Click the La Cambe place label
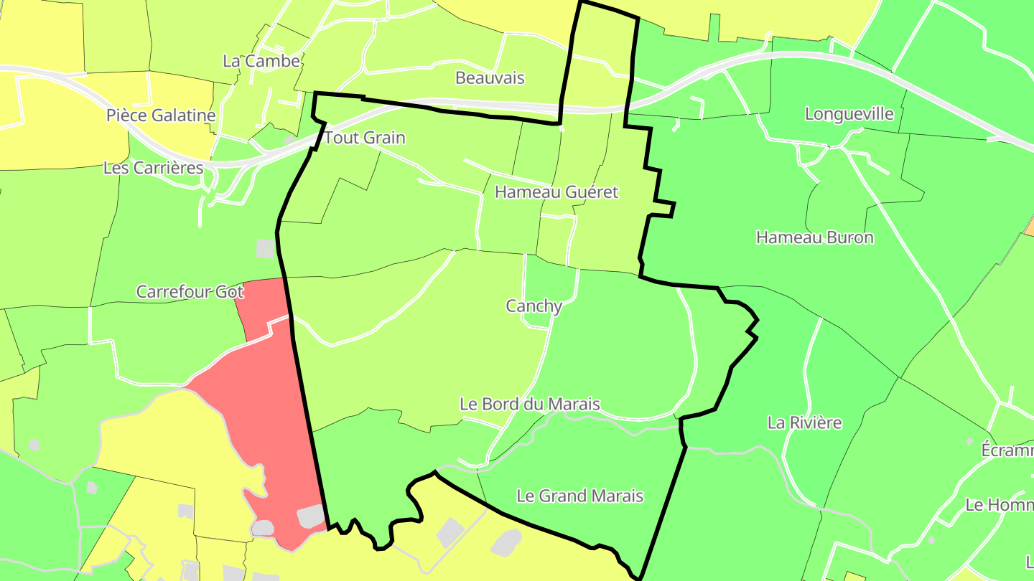[x=261, y=62]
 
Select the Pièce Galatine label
[x=161, y=115]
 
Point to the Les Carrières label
[x=153, y=168]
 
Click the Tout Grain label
[x=365, y=138]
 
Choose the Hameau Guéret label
[x=556, y=192]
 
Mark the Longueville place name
[x=849, y=114]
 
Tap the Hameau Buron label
[x=815, y=237]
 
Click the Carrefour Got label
[x=190, y=292]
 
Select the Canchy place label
[x=534, y=306]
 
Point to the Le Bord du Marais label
[x=530, y=405]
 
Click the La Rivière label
[x=804, y=422]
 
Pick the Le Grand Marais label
[x=580, y=496]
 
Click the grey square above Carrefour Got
[x=265, y=248]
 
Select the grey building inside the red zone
[x=310, y=516]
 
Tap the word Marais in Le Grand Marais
[x=616, y=496]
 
